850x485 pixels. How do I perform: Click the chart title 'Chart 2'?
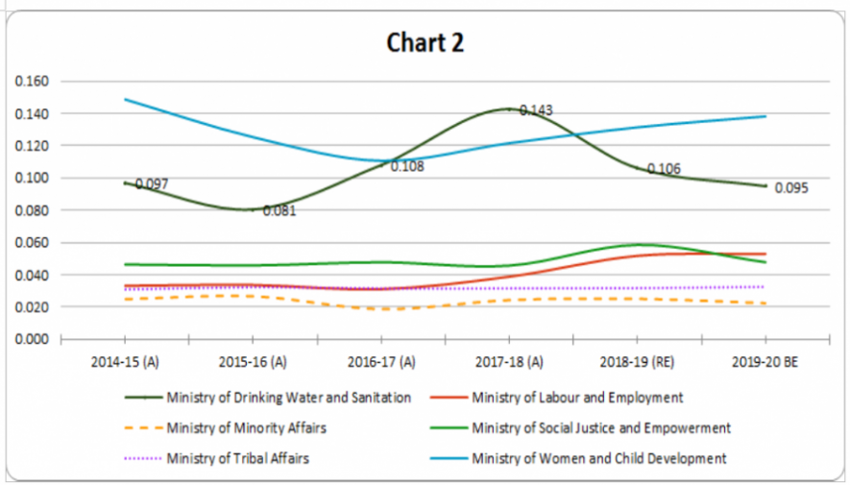coord(425,43)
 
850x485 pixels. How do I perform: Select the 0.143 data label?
coord(536,110)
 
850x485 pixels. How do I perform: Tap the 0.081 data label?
coord(279,210)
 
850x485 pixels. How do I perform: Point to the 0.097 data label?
coord(152,183)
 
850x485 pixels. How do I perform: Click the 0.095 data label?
coord(791,188)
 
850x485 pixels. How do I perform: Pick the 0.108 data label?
coord(406,166)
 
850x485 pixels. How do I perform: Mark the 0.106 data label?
coord(664,169)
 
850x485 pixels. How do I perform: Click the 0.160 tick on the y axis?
coord(33,82)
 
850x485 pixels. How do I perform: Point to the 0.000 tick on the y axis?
coord(33,339)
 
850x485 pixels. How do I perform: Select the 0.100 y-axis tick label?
coord(33,178)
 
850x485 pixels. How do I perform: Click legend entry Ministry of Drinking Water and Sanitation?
coord(288,397)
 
